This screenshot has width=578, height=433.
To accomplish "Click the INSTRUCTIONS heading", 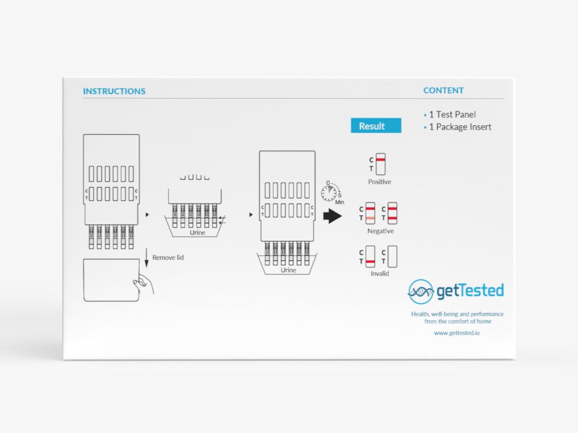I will (x=114, y=91).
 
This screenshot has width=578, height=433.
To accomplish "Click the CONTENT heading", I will (x=444, y=90).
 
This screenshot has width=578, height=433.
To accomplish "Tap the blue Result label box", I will (x=375, y=126).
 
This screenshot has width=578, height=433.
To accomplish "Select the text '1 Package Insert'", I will (x=460, y=127).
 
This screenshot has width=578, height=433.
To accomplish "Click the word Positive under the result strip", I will (x=379, y=182).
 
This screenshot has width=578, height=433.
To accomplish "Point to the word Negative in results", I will (x=380, y=231).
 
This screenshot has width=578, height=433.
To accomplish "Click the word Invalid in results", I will (x=379, y=273).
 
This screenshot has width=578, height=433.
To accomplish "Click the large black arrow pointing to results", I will (x=332, y=216).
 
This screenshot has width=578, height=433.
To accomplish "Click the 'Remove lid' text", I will (x=168, y=258).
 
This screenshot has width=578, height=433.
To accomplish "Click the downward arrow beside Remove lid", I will (x=147, y=259).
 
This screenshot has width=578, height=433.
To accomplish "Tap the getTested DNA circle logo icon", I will (x=421, y=291).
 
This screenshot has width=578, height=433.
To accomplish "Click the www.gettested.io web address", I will (x=457, y=333).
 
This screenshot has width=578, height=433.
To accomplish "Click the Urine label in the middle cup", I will (x=198, y=232).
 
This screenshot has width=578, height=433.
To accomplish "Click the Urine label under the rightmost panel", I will (x=288, y=270).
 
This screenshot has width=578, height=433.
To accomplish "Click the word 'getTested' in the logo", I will (x=470, y=291).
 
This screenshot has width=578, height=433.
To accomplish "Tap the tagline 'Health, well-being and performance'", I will (x=457, y=314).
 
